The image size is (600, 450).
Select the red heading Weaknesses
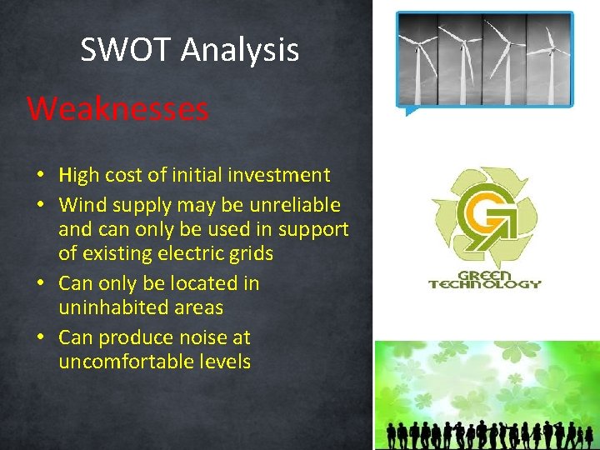coord(117,109)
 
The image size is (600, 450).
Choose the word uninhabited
coord(112,307)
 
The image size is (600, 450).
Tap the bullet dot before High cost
coord(40,176)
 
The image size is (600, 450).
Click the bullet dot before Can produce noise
coord(40,338)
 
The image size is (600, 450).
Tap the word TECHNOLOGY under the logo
coord(484,283)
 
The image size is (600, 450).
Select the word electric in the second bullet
coord(182,253)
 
